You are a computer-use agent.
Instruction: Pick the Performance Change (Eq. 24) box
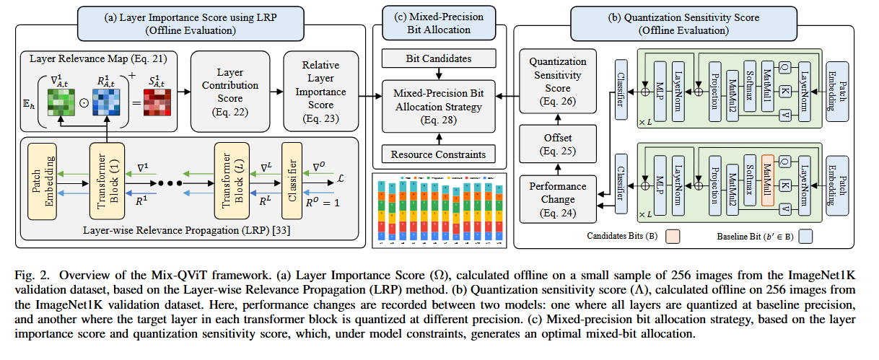pos(558,196)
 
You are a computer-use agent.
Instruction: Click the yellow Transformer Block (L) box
pos(232,180)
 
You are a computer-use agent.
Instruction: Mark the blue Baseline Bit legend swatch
pos(822,236)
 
